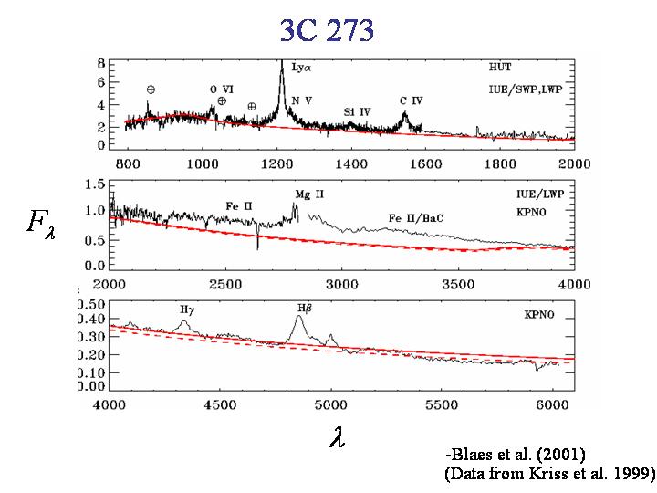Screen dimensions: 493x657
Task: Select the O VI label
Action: click(221, 89)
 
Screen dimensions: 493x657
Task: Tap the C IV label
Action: click(411, 100)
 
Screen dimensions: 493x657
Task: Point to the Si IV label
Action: click(357, 111)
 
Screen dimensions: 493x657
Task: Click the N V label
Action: click(301, 101)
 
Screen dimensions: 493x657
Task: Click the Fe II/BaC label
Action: click(419, 218)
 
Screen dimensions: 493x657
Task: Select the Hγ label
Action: click(188, 310)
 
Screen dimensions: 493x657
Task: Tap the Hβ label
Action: click(304, 309)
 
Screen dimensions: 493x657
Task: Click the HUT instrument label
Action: click(500, 67)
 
